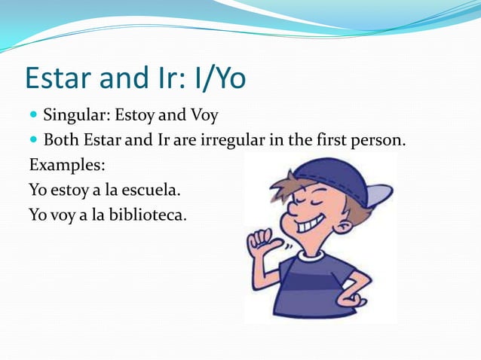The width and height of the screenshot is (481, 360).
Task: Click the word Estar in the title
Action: pos(60,79)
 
